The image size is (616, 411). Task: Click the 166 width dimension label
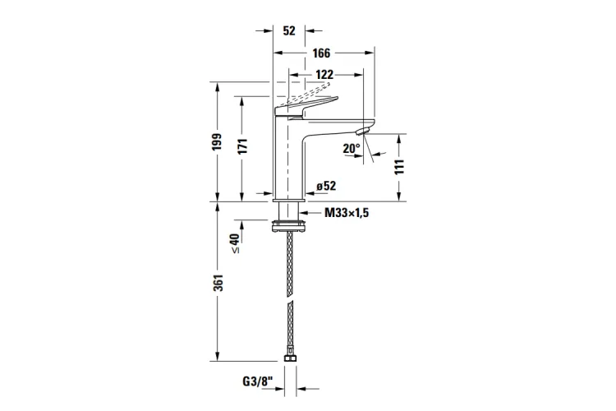[321, 53]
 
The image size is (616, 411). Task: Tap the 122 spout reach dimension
[324, 74]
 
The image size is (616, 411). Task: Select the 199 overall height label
[218, 141]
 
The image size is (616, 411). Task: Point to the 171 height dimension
[242, 146]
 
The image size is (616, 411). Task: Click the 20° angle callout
[352, 148]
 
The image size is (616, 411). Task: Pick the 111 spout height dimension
[398, 167]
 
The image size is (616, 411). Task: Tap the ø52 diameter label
[326, 186]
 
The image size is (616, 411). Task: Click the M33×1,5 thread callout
[347, 213]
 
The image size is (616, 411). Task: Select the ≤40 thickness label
[235, 243]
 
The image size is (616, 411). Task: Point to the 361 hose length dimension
[218, 283]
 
